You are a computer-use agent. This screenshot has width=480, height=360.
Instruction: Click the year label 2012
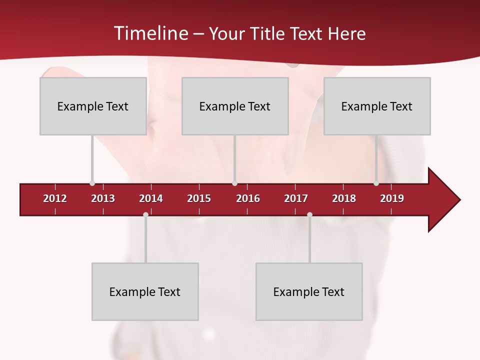tap(55, 198)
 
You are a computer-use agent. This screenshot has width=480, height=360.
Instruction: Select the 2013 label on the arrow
tap(103, 198)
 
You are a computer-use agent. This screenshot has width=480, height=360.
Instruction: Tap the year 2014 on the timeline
tap(151, 198)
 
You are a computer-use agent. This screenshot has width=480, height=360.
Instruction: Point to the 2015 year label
tap(199, 198)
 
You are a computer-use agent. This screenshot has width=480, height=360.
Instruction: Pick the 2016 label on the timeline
tap(248, 198)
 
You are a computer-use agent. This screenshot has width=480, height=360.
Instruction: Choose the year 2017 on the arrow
tap(296, 198)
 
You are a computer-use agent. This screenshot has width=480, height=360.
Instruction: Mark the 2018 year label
tap(344, 198)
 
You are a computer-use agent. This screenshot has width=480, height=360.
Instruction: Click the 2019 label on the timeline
tap(392, 198)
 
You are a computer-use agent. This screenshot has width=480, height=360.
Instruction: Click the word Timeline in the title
tap(150, 33)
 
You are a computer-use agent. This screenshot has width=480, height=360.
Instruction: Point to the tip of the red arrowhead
tap(459, 200)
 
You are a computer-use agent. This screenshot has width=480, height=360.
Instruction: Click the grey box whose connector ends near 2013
tap(93, 106)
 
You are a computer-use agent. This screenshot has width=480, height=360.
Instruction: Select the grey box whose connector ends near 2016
tap(235, 106)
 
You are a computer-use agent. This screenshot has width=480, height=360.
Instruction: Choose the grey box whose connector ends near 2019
tap(377, 106)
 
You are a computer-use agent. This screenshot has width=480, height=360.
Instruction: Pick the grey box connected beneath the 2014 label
tap(145, 291)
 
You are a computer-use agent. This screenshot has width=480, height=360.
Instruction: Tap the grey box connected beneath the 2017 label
tap(309, 291)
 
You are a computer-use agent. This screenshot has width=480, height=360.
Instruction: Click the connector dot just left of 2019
tap(376, 183)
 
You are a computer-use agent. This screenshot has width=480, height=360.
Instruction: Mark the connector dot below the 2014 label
tap(145, 215)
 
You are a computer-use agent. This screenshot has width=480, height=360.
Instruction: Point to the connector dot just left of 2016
tap(234, 183)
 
